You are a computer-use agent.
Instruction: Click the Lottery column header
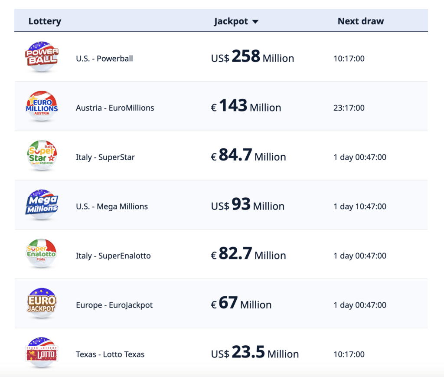(x=45, y=21)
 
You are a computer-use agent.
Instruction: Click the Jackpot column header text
(x=231, y=21)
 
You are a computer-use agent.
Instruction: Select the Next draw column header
(x=360, y=21)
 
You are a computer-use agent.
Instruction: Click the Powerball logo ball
(x=41, y=57)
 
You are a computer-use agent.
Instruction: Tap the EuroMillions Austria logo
(x=41, y=106)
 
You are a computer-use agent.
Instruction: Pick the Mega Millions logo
(x=41, y=205)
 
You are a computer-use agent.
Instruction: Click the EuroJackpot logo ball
(x=41, y=303)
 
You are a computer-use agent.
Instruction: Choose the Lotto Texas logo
(x=41, y=353)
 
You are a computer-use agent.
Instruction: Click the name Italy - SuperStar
(x=105, y=157)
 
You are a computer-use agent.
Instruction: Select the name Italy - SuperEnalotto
(x=113, y=256)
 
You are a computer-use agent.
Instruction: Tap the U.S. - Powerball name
(x=104, y=59)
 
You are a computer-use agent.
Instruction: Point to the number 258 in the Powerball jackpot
(x=245, y=56)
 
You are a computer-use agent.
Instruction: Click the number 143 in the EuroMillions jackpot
(x=233, y=106)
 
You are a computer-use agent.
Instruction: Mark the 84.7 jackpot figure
(x=235, y=155)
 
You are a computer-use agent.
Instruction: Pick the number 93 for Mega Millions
(x=241, y=204)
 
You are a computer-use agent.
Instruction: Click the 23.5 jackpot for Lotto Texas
(x=248, y=352)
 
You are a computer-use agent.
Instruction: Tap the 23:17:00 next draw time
(x=349, y=108)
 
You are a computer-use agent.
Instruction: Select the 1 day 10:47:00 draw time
(x=359, y=207)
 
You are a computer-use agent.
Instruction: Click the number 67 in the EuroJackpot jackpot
(x=228, y=303)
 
